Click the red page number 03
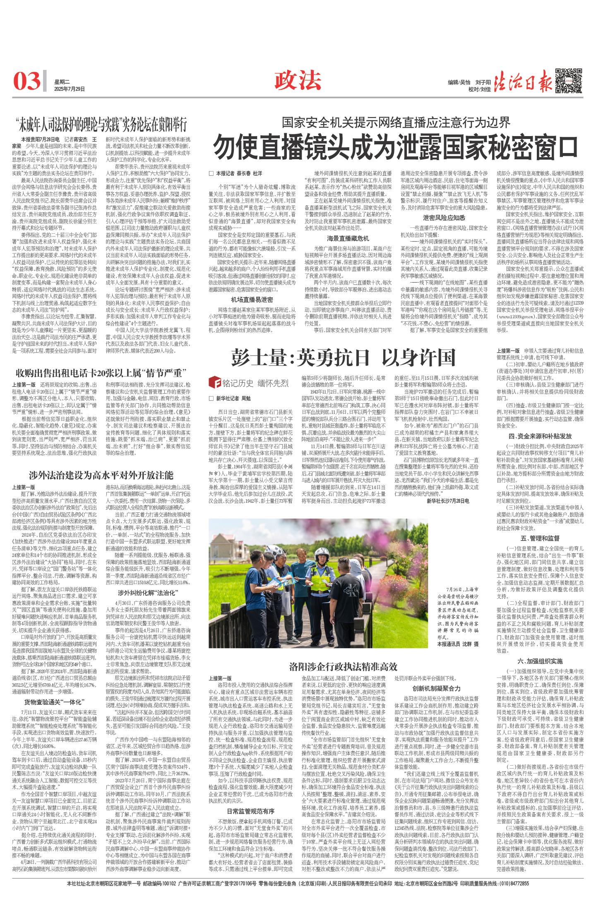[x=26, y=81]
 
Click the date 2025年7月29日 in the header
[x=69, y=89]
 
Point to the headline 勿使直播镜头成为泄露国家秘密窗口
[x=395, y=146]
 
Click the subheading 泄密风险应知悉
[x=444, y=217]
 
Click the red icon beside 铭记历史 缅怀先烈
[x=214, y=382]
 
